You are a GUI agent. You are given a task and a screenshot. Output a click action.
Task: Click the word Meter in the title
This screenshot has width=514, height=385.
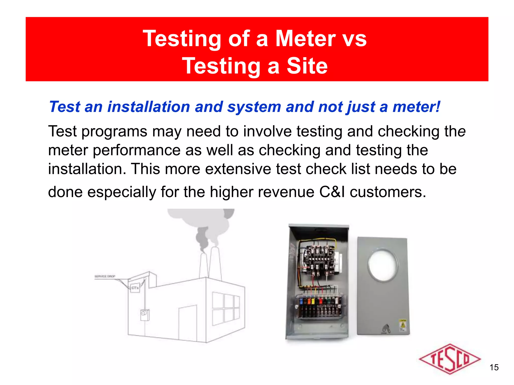pos(305,39)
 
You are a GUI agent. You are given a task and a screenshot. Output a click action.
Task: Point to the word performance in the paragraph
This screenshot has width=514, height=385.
pos(137,150)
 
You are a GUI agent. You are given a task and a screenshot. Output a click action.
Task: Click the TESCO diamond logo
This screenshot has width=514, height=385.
pos(449,359)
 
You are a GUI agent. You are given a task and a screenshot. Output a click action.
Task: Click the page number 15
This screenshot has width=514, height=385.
pos(494,367)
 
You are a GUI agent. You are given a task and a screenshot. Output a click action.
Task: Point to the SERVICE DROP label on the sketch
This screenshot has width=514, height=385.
pos(105,276)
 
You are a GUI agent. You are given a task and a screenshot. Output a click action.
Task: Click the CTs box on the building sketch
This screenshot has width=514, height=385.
pos(135,288)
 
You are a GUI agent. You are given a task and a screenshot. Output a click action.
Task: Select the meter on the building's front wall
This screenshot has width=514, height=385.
pos(144,315)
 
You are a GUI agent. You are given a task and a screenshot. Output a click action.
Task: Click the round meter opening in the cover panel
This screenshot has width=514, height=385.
pos(383,264)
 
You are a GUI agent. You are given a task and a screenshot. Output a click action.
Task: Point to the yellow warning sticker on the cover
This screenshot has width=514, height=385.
pos(403,325)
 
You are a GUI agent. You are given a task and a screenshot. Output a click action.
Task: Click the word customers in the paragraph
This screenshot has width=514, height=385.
pos(388,192)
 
